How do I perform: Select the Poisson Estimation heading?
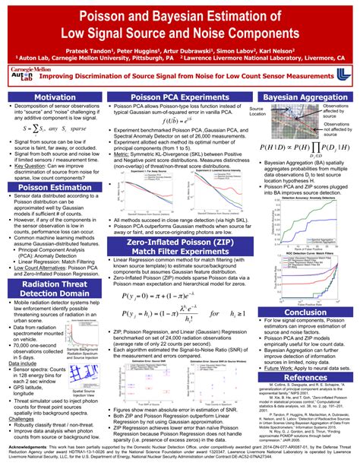(54, 186)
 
